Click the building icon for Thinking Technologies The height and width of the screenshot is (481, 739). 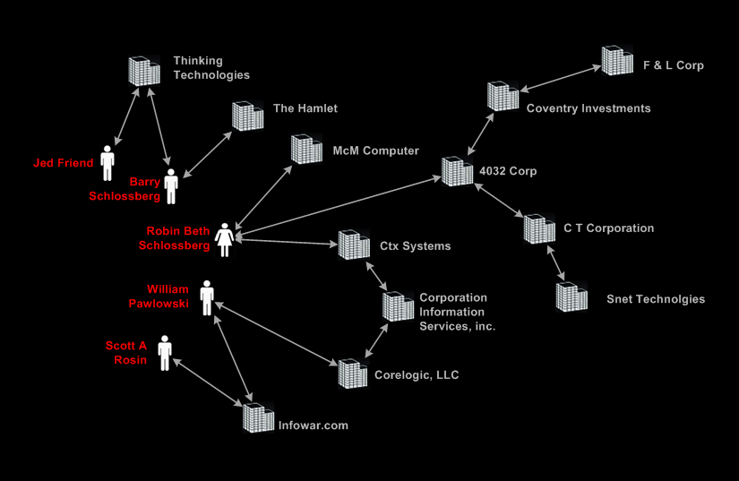click(x=143, y=71)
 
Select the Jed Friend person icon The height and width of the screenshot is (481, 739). click(x=107, y=162)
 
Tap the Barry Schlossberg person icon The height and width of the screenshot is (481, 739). click(x=170, y=186)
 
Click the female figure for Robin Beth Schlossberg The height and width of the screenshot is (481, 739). click(x=224, y=239)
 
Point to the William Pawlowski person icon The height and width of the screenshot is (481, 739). click(x=207, y=297)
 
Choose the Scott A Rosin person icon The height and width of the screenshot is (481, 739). click(x=165, y=353)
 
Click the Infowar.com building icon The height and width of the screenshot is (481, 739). click(x=258, y=417)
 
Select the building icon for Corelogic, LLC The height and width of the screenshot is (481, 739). click(x=353, y=374)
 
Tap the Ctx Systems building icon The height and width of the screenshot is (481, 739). click(x=353, y=245)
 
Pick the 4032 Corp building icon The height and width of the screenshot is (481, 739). click(x=457, y=170)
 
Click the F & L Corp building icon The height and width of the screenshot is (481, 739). click(x=617, y=60)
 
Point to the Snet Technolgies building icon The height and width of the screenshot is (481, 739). click(x=571, y=296)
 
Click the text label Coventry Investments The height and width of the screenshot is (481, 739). click(x=589, y=108)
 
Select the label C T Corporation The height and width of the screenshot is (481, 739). click(x=608, y=228)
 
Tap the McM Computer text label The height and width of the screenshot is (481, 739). click(x=375, y=150)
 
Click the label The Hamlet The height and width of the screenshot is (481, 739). click(x=305, y=108)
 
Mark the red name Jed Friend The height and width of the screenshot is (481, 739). click(x=63, y=163)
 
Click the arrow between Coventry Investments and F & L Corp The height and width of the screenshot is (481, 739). click(x=560, y=78)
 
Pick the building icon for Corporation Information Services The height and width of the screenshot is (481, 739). click(x=399, y=305)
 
